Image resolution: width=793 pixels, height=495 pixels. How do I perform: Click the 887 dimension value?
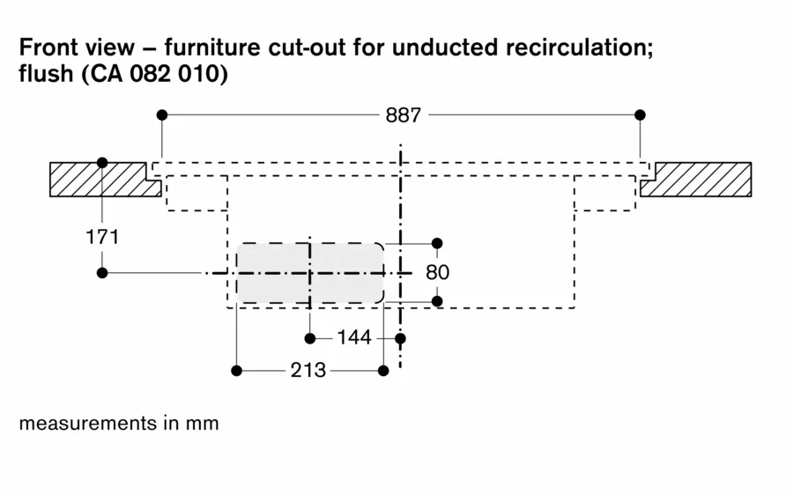(404, 115)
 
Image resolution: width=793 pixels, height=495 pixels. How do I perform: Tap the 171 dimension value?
(102, 237)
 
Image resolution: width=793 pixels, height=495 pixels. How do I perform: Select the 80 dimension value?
(437, 272)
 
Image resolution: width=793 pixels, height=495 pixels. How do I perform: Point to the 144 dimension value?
(354, 338)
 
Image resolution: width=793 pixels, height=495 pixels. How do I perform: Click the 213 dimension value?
(308, 371)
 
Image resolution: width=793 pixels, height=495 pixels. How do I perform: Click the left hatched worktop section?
(97, 179)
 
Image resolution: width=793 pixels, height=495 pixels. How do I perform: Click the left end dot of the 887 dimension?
(161, 115)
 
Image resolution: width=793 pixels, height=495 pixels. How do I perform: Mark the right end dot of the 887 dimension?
(640, 115)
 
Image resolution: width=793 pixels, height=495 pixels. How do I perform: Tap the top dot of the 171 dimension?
(102, 163)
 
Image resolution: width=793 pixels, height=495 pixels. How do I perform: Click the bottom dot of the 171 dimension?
(102, 273)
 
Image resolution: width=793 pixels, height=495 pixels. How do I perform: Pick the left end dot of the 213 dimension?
(236, 371)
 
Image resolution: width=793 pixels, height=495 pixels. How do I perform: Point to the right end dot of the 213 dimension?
(383, 371)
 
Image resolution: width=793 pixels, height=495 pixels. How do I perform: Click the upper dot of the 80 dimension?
(437, 243)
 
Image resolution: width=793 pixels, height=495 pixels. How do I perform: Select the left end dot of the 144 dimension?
(310, 338)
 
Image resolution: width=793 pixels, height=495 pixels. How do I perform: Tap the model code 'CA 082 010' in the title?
(153, 75)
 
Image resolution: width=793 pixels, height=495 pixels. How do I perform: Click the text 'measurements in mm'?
(119, 423)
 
